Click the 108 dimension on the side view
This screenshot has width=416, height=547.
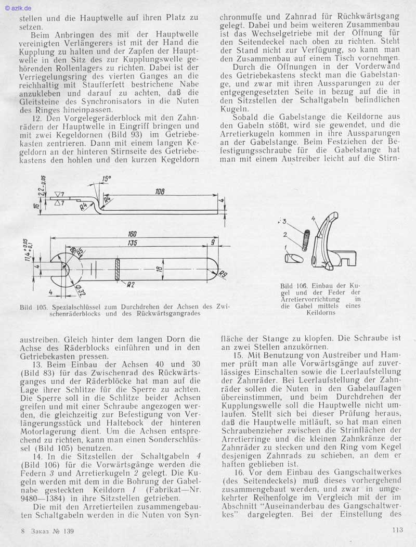coord(160,192)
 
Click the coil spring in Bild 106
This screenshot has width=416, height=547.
coord(306,240)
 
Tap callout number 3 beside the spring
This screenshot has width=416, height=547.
coord(285,221)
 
